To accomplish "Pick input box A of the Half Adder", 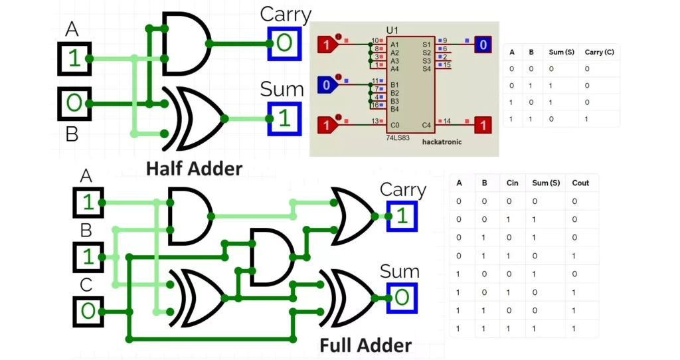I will point(74,58).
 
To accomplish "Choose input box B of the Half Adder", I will point(74,104).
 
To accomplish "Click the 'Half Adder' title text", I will point(194,168).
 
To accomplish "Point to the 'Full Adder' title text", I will point(365,345).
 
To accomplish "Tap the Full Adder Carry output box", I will point(402,216).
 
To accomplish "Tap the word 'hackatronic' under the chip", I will point(442,142).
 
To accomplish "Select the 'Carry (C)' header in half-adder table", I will point(598,52).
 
